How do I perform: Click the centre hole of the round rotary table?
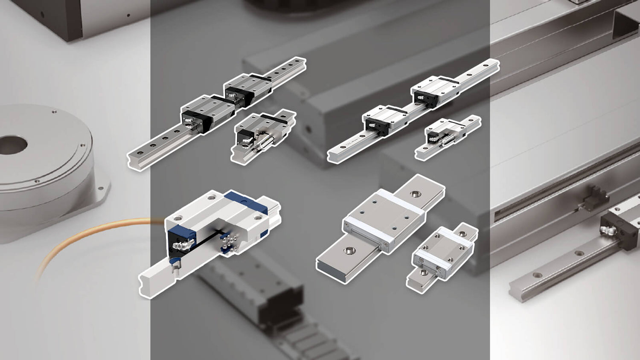(13, 145)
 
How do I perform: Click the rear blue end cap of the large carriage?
(247, 203)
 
